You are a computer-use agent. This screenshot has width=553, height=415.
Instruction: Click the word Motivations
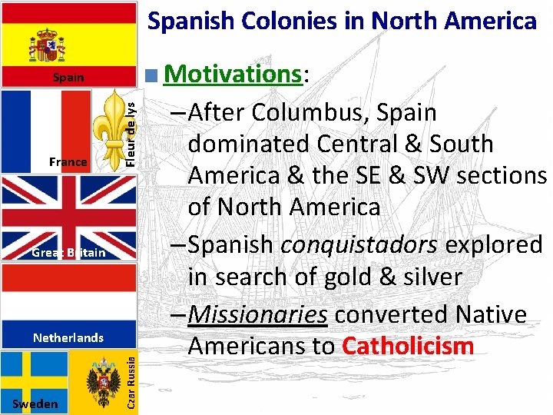click(233, 75)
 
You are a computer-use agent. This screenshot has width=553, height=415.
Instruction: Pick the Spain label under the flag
click(68, 78)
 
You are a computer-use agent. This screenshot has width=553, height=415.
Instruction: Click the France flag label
click(68, 162)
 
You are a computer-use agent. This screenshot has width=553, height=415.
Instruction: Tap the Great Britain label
click(68, 252)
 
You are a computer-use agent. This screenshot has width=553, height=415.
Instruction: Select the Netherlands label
click(68, 337)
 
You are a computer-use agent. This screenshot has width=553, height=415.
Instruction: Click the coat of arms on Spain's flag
click(46, 46)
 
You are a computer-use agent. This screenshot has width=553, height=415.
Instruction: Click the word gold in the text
click(363, 276)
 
